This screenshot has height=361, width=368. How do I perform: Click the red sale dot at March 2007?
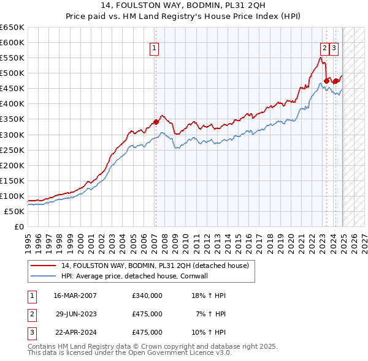(x=156, y=121)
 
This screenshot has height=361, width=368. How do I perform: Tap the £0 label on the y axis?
(x=20, y=226)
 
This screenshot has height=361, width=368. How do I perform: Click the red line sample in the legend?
(x=43, y=266)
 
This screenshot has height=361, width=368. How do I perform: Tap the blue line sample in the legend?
(x=43, y=276)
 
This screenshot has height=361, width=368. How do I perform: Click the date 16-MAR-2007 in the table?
(x=75, y=296)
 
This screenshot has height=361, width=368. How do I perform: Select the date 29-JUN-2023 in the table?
(x=75, y=314)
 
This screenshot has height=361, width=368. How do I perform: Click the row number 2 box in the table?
(x=31, y=314)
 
